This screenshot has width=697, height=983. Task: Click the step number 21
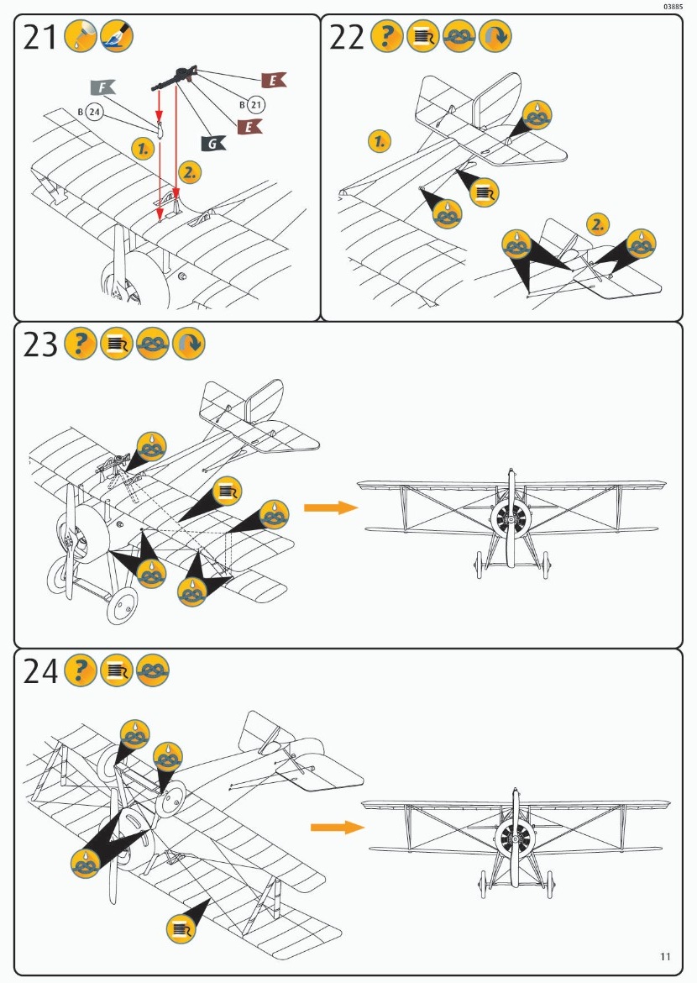[x=39, y=37]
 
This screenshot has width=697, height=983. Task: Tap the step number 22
[x=347, y=37]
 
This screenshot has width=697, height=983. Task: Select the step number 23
[x=39, y=344]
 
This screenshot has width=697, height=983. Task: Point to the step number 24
[x=40, y=671]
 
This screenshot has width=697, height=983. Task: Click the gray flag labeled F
[x=102, y=87]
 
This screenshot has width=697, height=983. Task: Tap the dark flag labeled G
[x=213, y=143]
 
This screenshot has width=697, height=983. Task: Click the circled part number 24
[x=92, y=111]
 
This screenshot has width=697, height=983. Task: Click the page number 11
[x=665, y=956]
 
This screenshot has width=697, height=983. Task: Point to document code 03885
[x=672, y=7]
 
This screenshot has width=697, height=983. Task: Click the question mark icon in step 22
[x=386, y=37]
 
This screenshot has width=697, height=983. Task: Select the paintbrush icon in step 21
[x=116, y=37]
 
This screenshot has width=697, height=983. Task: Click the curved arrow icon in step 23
[x=188, y=344]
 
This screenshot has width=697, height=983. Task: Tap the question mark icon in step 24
[x=81, y=670]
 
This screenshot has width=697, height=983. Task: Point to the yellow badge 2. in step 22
[x=597, y=223]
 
